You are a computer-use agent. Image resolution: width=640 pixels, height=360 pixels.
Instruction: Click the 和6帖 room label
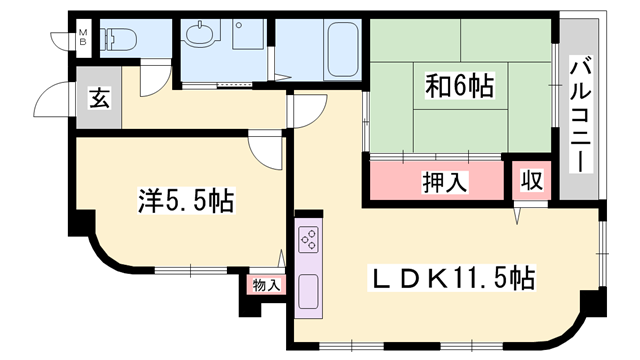(x=459, y=86)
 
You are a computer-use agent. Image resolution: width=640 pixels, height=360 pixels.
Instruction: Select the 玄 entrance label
(x=98, y=98)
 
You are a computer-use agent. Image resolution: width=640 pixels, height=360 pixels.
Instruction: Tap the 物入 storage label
(x=265, y=284)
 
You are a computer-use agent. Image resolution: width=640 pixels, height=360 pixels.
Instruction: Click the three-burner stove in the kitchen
(x=309, y=240)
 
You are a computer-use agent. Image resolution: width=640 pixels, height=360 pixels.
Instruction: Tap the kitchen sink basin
(x=309, y=292)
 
